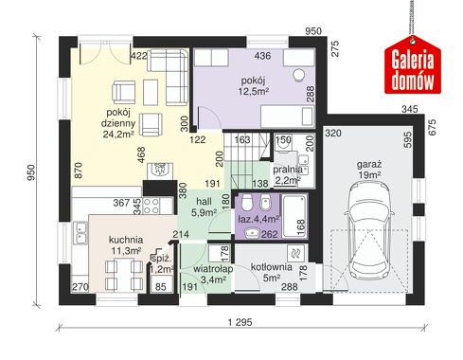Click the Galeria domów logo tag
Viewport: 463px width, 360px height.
412,64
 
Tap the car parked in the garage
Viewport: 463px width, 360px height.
369,230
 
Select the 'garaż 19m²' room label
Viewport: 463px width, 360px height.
369,170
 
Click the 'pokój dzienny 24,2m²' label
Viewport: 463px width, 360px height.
120,123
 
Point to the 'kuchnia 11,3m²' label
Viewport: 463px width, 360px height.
126,245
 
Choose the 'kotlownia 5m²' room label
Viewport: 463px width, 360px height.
271,273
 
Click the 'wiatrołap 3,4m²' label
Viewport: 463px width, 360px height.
213,274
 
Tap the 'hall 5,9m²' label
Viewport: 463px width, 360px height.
204,207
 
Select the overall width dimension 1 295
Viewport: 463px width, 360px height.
240,322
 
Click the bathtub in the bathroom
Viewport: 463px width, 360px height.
294,216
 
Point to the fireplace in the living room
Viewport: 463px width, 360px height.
160,171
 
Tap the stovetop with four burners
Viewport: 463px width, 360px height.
151,206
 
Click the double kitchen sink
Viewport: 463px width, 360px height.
80,232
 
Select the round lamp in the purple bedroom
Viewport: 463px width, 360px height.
298,76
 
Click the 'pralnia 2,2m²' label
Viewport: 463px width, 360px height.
287,174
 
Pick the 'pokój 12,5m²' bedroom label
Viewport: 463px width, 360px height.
253,86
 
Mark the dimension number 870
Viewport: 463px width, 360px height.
79,171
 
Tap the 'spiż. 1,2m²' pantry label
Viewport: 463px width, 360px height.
162,264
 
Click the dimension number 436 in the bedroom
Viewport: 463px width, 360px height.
262,56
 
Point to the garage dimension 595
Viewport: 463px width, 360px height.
407,139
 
